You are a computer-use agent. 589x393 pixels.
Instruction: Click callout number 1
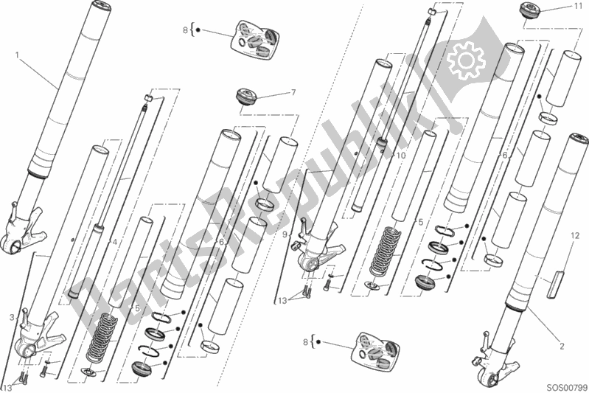click(x=18, y=54)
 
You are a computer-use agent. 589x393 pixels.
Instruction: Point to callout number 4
click(x=115, y=241)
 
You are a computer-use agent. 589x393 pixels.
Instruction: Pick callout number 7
click(x=293, y=93)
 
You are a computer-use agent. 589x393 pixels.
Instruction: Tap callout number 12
click(x=571, y=235)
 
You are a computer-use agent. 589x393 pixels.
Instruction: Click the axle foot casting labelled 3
click(x=32, y=343)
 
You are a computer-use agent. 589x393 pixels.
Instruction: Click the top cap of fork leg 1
click(x=97, y=10)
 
